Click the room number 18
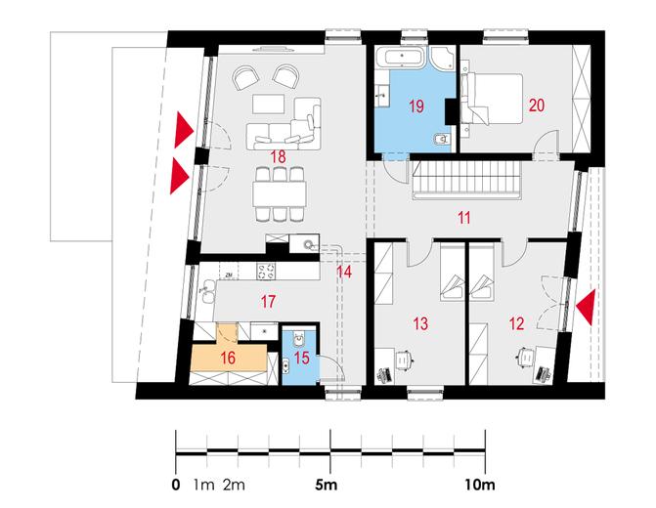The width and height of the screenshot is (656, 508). (x=279, y=157)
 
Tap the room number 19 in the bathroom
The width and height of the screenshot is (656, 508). (x=416, y=106)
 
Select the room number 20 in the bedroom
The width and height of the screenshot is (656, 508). (x=537, y=105)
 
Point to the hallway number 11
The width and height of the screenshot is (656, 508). (x=464, y=218)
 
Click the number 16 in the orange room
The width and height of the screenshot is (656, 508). (x=228, y=358)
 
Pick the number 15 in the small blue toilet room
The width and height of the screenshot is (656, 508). (x=302, y=358)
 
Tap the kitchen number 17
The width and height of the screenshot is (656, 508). (x=268, y=302)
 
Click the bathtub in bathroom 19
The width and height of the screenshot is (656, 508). (x=400, y=57)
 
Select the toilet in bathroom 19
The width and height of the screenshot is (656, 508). (x=442, y=139)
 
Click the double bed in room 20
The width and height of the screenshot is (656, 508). (x=492, y=99)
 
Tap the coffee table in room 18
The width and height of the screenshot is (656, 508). (x=269, y=104)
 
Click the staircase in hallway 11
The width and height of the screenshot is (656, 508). (x=467, y=181)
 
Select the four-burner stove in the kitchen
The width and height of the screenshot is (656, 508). (x=267, y=272)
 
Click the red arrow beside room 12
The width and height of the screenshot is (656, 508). (x=586, y=308)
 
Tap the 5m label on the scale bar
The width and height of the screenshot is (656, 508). (x=326, y=485)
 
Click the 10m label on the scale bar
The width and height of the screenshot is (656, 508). (x=480, y=485)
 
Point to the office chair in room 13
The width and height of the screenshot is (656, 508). (x=404, y=360)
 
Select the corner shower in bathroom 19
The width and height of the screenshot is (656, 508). (x=442, y=58)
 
